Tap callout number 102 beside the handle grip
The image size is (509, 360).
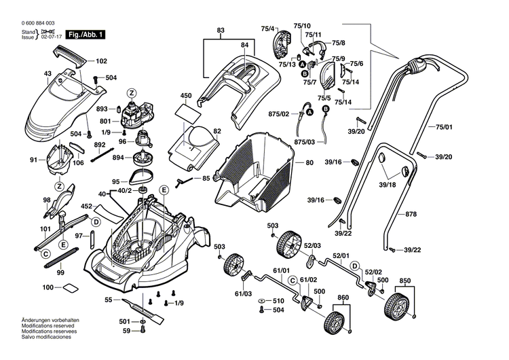[x=102, y=60]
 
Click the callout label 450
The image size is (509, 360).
[x=186, y=96]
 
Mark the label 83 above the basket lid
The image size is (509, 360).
[x=221, y=31]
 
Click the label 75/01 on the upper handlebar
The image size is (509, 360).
[x=443, y=126]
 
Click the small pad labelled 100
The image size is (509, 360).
[x=71, y=289]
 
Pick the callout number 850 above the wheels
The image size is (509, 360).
[x=404, y=281]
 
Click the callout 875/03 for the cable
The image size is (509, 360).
[x=305, y=142]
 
